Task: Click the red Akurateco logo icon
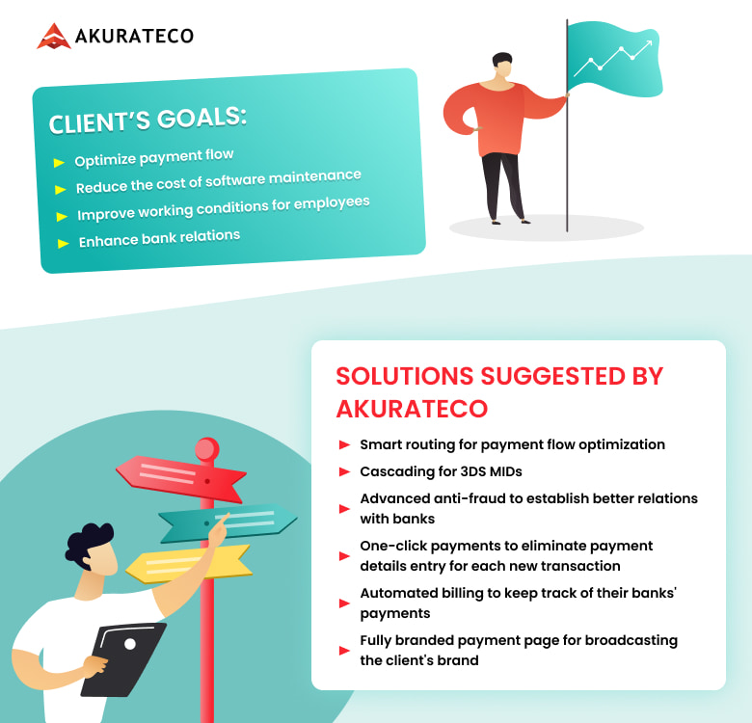(x=54, y=36)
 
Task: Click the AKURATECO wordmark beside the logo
(x=134, y=36)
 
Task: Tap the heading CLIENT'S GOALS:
(x=148, y=120)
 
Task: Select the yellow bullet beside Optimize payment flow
(x=59, y=163)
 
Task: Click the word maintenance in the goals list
(x=314, y=176)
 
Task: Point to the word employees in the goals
(x=332, y=202)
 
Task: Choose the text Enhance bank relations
(x=159, y=238)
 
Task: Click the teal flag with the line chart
(x=615, y=59)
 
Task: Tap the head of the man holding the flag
(x=502, y=66)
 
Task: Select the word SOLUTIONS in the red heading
(x=405, y=376)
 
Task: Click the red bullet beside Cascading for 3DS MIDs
(x=344, y=471)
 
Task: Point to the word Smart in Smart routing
(x=381, y=444)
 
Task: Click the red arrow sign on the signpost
(x=181, y=479)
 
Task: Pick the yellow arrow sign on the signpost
(x=188, y=564)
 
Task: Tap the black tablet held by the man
(x=123, y=659)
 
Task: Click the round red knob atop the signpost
(x=207, y=450)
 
